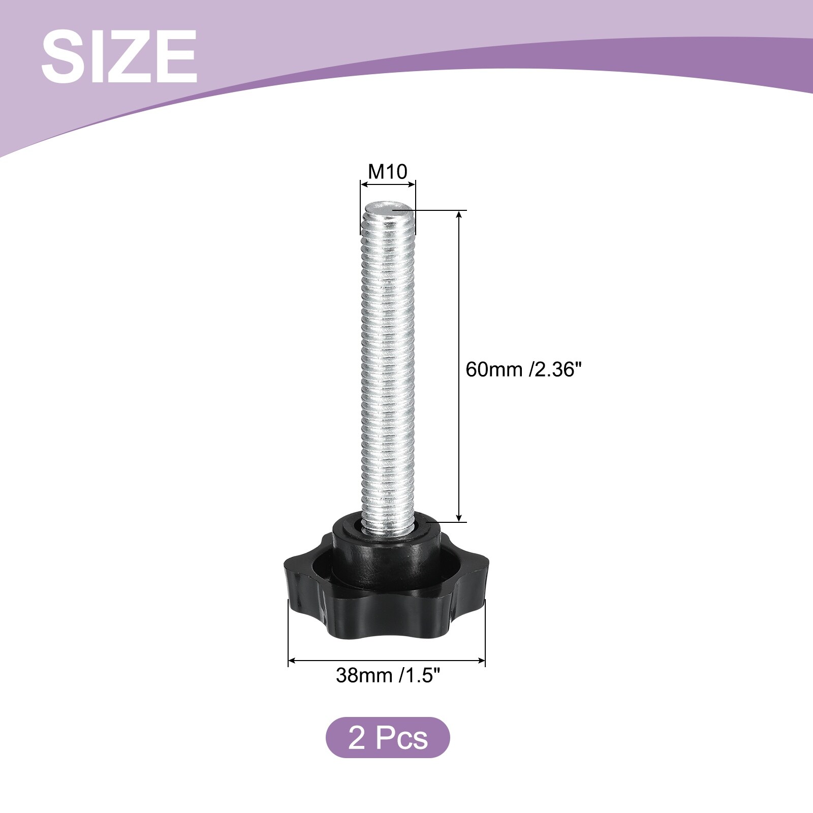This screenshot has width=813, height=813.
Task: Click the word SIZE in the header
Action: (x=119, y=56)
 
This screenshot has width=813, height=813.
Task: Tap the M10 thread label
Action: (x=388, y=172)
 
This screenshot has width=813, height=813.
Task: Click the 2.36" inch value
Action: (x=555, y=369)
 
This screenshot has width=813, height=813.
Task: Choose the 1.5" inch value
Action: (x=419, y=675)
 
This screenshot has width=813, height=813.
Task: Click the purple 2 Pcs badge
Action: (x=388, y=737)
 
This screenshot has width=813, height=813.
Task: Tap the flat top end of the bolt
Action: (x=388, y=208)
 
